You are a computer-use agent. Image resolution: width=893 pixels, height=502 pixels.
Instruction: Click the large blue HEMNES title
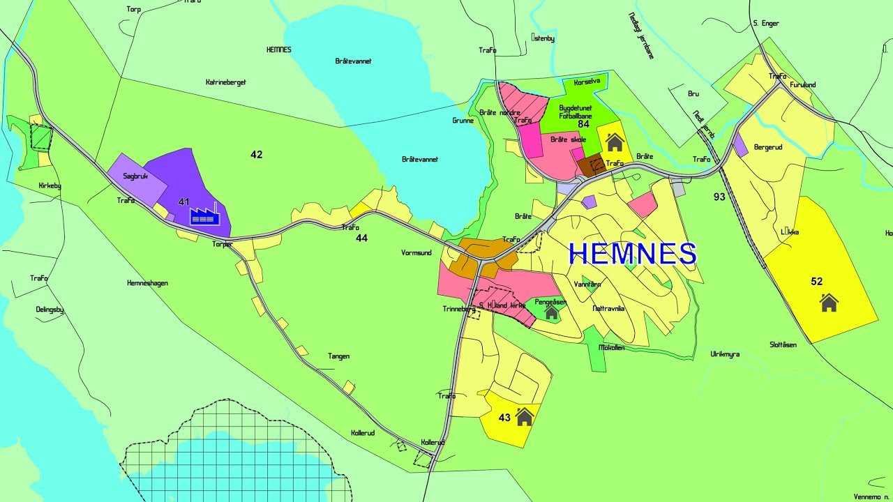pyautogui.click(x=633, y=254)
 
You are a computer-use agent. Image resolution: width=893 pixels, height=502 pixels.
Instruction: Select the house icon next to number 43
pyautogui.click(x=525, y=417)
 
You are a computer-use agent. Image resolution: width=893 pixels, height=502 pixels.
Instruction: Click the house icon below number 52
pyautogui.click(x=829, y=303)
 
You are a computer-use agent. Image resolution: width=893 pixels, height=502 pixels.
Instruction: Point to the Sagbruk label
pyautogui.click(x=135, y=176)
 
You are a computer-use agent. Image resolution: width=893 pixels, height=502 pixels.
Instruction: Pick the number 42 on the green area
pyautogui.click(x=257, y=154)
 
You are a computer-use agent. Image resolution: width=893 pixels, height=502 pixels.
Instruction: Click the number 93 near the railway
pyautogui.click(x=719, y=197)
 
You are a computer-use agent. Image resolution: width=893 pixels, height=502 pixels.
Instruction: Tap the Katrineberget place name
pyautogui.click(x=226, y=82)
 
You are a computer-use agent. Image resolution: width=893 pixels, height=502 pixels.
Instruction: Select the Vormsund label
pyautogui.click(x=416, y=252)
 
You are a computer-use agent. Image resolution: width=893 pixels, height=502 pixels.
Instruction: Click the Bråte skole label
pyautogui.click(x=568, y=139)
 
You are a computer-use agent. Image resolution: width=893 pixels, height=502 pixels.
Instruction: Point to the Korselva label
pyautogui.click(x=586, y=82)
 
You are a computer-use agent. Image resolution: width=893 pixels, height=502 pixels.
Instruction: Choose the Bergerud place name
pyautogui.click(x=769, y=148)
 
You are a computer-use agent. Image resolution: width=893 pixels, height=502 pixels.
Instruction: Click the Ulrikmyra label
pyautogui.click(x=725, y=354)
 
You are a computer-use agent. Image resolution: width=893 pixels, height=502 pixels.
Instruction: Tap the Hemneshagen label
pyautogui.click(x=147, y=283)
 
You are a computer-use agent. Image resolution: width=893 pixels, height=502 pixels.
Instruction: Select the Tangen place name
pyautogui.click(x=338, y=356)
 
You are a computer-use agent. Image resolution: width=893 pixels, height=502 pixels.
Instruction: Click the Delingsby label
pyautogui.click(x=50, y=309)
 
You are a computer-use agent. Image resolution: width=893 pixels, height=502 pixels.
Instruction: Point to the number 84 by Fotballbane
pyautogui.click(x=584, y=124)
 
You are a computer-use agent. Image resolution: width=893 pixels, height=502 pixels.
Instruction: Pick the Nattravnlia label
pyautogui.click(x=608, y=307)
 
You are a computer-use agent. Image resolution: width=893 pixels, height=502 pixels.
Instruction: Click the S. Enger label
pyautogui.click(x=765, y=24)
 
